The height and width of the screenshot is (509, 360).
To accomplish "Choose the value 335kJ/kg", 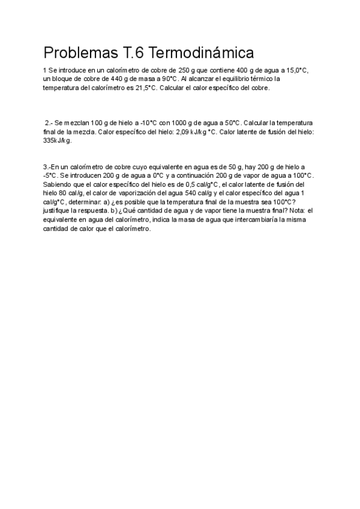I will (x=58, y=140).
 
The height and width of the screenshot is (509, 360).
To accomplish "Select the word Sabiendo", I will (x=58, y=184).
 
